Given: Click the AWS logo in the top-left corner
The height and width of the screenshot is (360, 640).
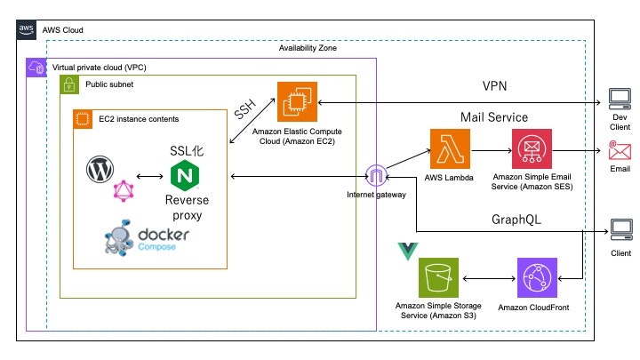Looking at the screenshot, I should pos(27,29).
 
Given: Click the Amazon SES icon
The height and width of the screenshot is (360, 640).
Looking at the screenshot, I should pos(533,147).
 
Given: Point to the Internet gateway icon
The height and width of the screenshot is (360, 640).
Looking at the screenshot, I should pos(377,175).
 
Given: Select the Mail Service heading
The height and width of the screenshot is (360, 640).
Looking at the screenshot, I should pos(494,116).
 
